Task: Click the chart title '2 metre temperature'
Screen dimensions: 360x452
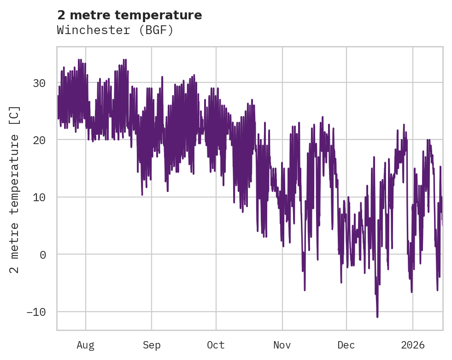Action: (129, 15)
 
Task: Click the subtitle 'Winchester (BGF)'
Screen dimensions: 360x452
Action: (115, 30)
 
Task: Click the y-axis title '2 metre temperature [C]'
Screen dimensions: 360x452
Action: (15, 190)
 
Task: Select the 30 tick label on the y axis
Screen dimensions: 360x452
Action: (39, 83)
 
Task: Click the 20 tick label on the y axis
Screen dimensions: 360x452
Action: (39, 140)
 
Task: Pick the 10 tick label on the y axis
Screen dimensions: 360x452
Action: (39, 197)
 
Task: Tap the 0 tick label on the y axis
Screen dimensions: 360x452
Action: (43, 255)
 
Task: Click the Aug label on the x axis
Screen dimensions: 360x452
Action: (86, 345)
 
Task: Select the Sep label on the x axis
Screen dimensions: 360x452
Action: (152, 345)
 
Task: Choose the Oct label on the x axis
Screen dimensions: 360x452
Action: (216, 345)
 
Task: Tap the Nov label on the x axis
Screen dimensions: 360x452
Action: (282, 345)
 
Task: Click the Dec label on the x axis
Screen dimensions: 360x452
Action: (346, 345)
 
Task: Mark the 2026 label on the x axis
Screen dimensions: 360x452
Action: (413, 345)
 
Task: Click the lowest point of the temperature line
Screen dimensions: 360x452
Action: (377, 317)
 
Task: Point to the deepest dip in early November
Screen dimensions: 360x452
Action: (305, 290)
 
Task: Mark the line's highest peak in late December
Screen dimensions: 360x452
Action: (404, 124)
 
